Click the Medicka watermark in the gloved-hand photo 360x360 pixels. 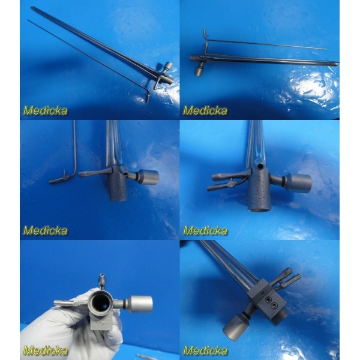45,350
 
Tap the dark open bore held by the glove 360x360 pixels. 101,303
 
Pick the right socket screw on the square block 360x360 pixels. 274,305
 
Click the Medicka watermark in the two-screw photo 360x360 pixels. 205,350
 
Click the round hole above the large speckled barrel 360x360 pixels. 260,166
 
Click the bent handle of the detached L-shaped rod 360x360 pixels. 60,179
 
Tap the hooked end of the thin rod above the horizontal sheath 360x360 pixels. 205,35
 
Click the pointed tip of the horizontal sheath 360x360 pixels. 337,64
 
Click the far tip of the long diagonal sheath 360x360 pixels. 32,8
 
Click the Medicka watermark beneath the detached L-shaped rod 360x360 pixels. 45,231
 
